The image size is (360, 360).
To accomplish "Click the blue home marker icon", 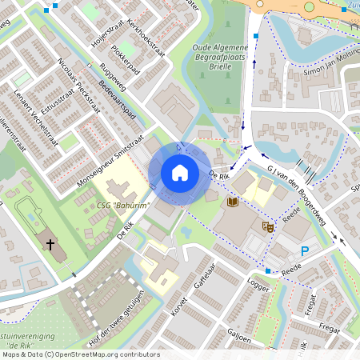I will (179, 173).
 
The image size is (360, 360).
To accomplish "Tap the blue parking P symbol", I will (304, 251).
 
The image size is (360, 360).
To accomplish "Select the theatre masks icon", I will (268, 227).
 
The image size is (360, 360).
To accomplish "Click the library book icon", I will (233, 202).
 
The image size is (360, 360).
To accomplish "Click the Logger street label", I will (259, 284).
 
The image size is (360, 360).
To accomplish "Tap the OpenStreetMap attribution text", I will (80, 354).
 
